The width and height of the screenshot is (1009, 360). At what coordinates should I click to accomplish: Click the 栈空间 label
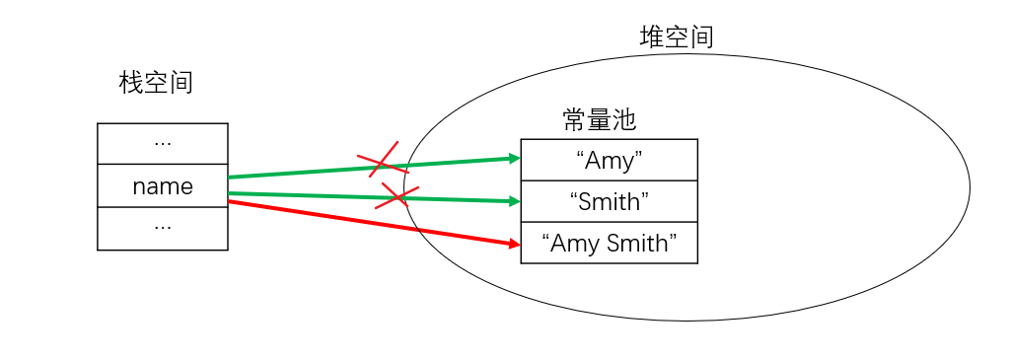coord(156,83)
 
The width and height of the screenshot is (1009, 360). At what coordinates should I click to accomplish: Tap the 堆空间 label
coord(677,37)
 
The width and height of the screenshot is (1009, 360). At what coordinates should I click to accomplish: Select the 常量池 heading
coord(600,120)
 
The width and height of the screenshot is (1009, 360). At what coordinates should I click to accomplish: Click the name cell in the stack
coord(163,185)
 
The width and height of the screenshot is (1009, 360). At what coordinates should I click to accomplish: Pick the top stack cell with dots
coord(163,143)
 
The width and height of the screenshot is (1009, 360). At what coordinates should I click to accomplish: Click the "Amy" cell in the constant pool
coord(609,160)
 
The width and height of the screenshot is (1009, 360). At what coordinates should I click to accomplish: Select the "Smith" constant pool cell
coord(609,201)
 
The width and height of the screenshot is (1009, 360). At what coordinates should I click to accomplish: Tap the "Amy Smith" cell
coord(609,243)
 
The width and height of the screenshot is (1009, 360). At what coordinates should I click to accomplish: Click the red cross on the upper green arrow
coord(381,162)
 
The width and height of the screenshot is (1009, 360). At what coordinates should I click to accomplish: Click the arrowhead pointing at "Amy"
coord(514,158)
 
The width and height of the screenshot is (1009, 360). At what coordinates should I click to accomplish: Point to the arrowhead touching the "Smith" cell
coord(514,201)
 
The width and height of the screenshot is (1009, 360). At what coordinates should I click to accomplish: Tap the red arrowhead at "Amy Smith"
coord(513,243)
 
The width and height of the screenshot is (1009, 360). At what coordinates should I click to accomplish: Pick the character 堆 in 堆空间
coord(652,37)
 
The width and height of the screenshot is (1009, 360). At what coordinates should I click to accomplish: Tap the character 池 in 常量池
coord(624,120)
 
